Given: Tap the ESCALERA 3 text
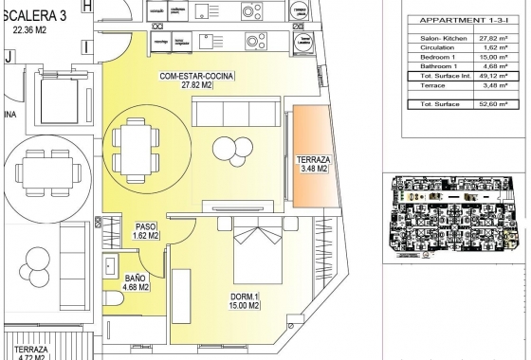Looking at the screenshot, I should [x=34, y=14].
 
